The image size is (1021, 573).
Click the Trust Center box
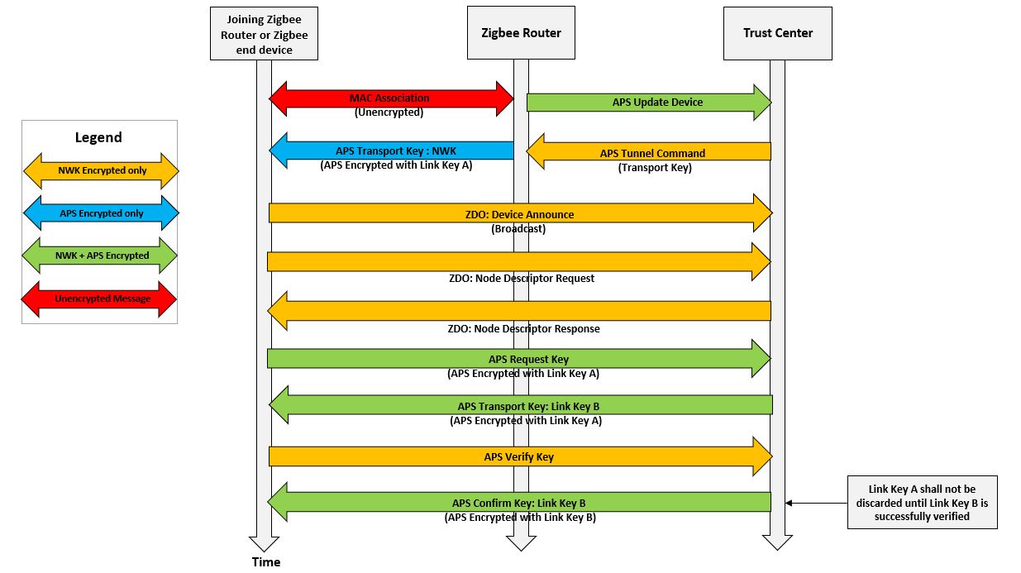[x=777, y=33]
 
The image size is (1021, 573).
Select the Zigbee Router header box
[x=521, y=33]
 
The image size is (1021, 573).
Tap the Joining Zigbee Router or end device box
[x=264, y=34]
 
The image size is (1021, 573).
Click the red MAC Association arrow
[x=391, y=98]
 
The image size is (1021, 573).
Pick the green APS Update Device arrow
[x=649, y=103]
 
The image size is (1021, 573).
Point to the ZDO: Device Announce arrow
[x=519, y=214]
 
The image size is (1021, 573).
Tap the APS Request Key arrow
[x=519, y=359]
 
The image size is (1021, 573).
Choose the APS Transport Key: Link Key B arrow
[x=521, y=406]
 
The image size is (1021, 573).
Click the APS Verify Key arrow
[x=519, y=456]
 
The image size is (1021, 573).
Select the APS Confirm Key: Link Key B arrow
[x=519, y=502]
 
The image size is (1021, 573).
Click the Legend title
[x=98, y=137]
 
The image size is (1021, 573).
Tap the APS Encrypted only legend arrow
[x=100, y=213]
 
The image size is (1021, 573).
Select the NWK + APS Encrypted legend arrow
[x=100, y=255]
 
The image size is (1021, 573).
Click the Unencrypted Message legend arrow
[x=100, y=298]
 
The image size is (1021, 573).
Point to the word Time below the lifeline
[x=266, y=562]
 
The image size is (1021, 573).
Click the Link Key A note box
[x=922, y=502]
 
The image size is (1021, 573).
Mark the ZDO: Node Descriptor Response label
[x=523, y=328]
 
